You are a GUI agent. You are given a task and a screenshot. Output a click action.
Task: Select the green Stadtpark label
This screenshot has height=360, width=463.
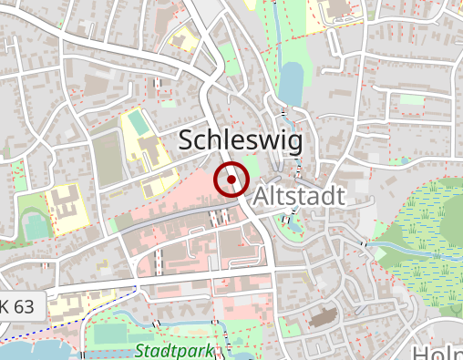(173, 351)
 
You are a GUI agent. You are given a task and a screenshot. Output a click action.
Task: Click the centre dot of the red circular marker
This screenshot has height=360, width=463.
(231, 180)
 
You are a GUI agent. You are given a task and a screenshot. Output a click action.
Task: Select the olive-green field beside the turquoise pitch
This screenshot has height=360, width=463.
(107, 156)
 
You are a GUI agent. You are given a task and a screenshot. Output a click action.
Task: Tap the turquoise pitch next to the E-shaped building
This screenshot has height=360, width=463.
(37, 226)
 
